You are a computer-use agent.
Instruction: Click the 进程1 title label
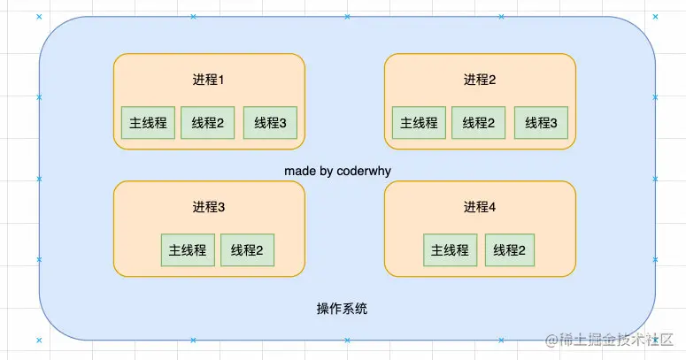[209, 80]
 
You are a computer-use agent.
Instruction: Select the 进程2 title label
[480, 80]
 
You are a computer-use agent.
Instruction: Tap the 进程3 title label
[209, 208]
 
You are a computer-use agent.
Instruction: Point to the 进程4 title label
[480, 208]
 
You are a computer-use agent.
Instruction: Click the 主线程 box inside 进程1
[148, 123]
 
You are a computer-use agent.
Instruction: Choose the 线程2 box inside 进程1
[207, 123]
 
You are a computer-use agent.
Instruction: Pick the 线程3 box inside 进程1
[270, 123]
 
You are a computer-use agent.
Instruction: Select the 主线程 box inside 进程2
[419, 123]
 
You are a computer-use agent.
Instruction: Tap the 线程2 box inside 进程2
[478, 123]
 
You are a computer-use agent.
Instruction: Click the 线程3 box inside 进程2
[541, 123]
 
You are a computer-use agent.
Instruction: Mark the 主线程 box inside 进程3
[188, 250]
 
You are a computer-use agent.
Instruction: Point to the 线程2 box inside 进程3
[247, 250]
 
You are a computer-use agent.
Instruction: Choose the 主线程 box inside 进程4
[450, 250]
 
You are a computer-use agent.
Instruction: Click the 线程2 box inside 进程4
[510, 250]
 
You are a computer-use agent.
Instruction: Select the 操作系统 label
[343, 309]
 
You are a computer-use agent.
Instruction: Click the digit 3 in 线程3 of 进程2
[553, 123]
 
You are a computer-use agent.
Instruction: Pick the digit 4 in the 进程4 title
[493, 208]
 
